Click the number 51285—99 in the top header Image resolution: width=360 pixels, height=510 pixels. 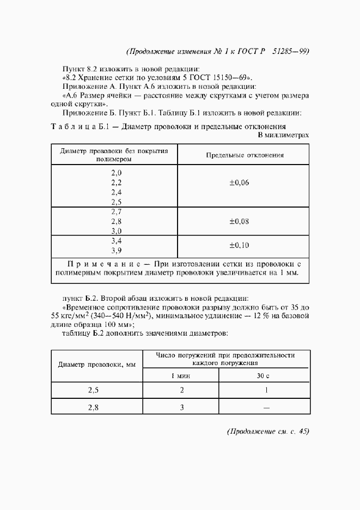[292, 52]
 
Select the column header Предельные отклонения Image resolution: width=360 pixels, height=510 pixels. [245, 155]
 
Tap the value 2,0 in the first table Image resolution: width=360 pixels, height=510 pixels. [116, 173]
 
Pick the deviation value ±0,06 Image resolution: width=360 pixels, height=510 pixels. [239, 183]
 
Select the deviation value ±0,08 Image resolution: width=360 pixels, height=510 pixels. [239, 221]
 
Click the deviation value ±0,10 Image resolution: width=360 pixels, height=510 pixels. [239, 245]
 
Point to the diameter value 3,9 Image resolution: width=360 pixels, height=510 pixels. [116, 251]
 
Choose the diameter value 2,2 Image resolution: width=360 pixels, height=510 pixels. [116, 183]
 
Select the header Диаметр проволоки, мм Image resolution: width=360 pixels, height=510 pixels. [96, 364]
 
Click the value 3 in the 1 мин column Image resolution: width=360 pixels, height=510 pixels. [182, 407]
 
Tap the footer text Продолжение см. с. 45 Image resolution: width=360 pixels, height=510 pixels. [267, 431]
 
